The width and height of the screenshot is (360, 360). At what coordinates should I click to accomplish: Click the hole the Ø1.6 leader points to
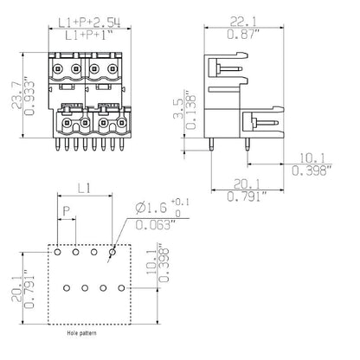click(x=112, y=254)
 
